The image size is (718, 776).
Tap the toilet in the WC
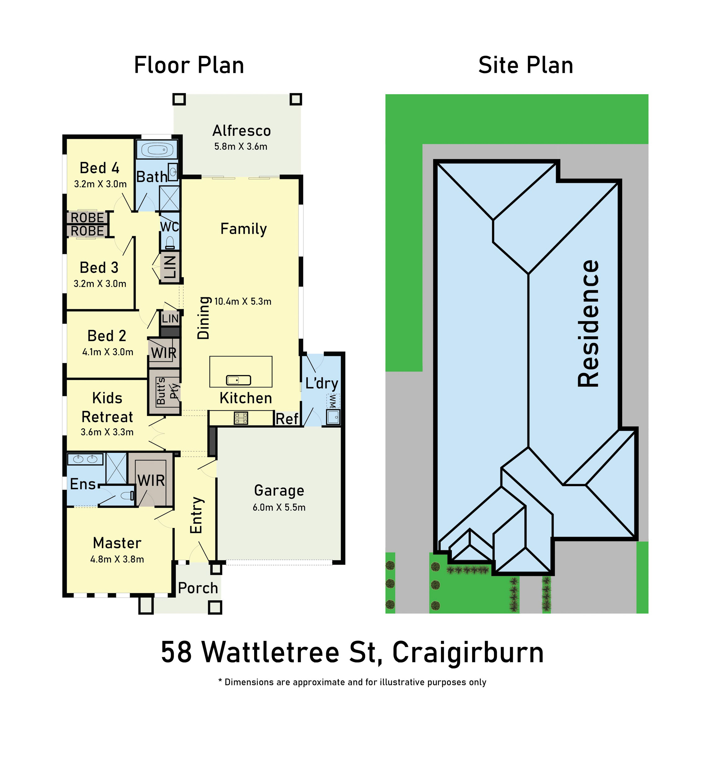(x=170, y=243)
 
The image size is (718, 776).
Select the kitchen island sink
(x=239, y=380)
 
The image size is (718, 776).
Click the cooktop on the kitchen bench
(x=241, y=418)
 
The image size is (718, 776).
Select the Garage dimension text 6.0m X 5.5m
(x=279, y=507)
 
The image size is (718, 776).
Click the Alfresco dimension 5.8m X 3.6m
(x=241, y=147)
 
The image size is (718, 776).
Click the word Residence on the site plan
(x=588, y=323)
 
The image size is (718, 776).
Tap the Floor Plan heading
(x=189, y=65)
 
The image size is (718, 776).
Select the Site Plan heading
(x=526, y=65)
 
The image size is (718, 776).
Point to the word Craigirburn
(x=468, y=653)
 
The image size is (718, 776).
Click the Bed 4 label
(x=100, y=168)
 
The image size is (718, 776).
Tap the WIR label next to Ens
(x=151, y=481)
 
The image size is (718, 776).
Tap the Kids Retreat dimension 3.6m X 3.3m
(x=107, y=432)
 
